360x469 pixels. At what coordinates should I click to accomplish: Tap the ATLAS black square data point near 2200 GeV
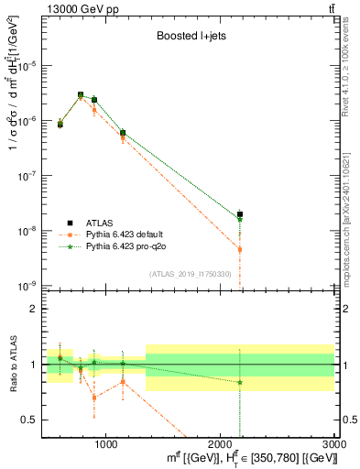[240, 214]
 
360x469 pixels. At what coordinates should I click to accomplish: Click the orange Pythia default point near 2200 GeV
[240, 249]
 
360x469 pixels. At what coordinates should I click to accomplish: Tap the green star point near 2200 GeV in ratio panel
[240, 382]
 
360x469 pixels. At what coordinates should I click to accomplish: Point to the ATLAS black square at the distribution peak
[81, 94]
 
